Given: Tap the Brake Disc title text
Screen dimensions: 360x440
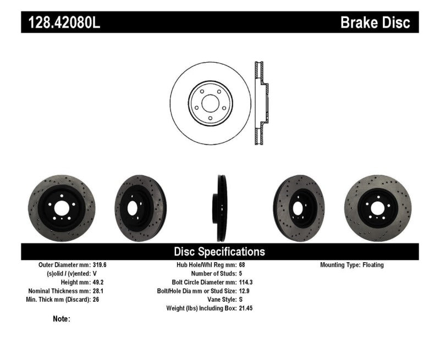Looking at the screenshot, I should [376, 22].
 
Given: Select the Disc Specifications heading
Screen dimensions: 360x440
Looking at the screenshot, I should [219, 252].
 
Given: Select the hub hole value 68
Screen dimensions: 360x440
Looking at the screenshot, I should [243, 265].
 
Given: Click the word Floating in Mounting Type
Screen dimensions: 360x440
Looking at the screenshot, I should [373, 265].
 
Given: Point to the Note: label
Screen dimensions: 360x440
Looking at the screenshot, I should [62, 319].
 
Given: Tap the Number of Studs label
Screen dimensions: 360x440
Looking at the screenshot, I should [213, 274].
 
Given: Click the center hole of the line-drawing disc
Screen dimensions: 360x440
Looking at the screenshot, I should [211, 103].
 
